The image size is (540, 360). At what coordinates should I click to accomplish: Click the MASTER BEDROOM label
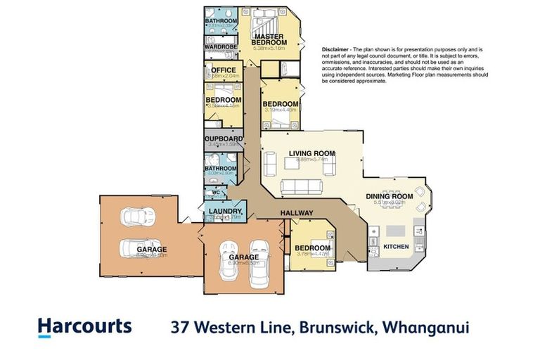pos(269,39)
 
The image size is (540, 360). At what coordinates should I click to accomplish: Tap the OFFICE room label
pos(219,70)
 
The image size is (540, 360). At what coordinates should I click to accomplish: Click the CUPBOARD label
pos(224,139)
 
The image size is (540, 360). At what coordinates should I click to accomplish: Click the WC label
pos(217,191)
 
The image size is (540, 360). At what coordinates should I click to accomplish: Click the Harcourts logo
pos(84,326)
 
